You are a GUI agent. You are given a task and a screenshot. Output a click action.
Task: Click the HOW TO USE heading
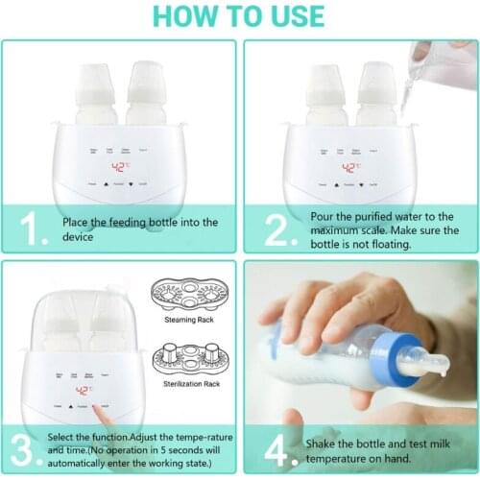coord(240,16)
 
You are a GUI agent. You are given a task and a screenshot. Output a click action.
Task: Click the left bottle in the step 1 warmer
coord(96,96)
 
